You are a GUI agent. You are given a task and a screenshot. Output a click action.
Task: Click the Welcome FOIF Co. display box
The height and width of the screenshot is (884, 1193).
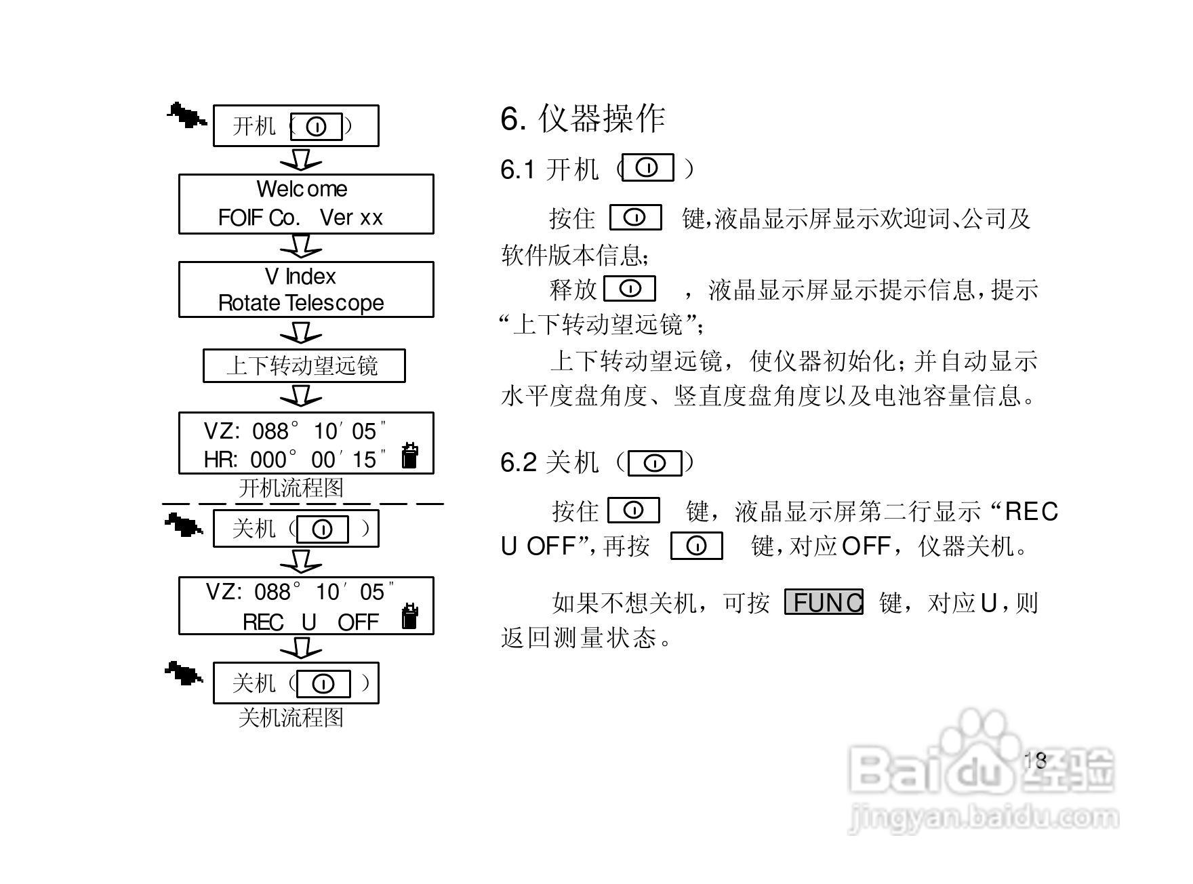[306, 203]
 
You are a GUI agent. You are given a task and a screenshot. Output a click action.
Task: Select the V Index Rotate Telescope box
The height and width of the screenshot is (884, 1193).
[306, 289]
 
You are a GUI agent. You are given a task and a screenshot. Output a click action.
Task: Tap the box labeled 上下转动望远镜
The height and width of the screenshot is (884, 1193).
[304, 366]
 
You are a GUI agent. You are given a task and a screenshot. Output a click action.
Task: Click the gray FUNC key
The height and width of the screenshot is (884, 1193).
[824, 602]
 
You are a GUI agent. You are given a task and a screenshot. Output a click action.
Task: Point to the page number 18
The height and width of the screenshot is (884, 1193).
[1035, 760]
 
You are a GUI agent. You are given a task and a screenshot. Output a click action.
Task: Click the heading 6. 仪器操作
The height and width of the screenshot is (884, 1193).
[582, 119]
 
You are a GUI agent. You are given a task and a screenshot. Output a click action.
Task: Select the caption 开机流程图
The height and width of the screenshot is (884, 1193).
[291, 488]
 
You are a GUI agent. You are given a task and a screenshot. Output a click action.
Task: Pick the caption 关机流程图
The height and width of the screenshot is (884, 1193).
[291, 717]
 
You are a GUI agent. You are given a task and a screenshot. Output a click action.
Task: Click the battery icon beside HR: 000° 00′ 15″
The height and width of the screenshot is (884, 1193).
[409, 456]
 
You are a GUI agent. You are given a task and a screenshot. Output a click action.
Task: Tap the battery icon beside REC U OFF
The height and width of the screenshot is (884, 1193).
[409, 616]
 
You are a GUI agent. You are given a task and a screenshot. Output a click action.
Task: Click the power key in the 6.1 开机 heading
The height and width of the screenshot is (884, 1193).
[648, 167]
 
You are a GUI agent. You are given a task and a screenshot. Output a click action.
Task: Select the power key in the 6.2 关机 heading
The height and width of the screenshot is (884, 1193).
[654, 463]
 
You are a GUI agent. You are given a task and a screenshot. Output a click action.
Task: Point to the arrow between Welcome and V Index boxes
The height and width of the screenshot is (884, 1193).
[301, 246]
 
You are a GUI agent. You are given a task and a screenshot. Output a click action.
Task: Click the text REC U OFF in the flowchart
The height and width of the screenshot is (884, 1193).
[310, 622]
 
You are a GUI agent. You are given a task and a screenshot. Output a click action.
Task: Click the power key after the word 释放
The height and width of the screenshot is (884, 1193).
[630, 288]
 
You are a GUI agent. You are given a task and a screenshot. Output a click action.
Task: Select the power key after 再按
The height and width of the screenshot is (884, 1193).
[696, 546]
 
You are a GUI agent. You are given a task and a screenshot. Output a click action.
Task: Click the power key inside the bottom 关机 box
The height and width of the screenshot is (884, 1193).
[323, 683]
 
